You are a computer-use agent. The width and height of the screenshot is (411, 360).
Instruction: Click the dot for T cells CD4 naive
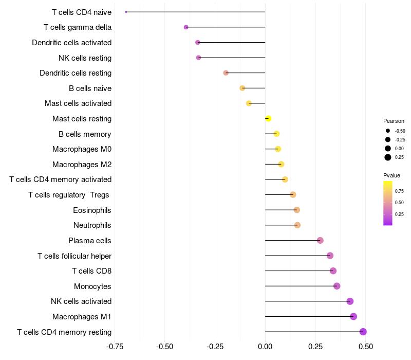(126, 12)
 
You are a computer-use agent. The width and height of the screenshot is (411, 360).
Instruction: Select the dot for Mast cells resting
(268, 119)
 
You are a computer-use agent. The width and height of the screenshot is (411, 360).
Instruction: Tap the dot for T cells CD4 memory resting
(363, 332)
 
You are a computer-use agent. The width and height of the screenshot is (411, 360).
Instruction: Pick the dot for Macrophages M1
(353, 316)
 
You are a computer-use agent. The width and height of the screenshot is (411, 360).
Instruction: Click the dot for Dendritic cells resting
(226, 73)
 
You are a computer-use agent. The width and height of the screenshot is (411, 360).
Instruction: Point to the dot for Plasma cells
(320, 240)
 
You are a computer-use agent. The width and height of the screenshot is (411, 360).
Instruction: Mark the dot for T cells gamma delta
(186, 27)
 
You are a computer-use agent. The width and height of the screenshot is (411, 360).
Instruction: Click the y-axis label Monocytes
(92, 286)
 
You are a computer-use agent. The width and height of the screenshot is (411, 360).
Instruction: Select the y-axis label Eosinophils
(92, 210)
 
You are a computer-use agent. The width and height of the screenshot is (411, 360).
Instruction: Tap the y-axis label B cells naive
(90, 88)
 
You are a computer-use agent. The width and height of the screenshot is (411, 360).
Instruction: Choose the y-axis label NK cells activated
(81, 301)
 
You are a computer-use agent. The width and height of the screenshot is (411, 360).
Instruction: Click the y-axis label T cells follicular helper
(74, 256)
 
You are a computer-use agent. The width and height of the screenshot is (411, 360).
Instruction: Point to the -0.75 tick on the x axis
(115, 347)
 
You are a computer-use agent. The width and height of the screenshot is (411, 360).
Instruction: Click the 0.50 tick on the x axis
(366, 347)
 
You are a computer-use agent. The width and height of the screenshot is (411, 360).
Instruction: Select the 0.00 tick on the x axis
(265, 347)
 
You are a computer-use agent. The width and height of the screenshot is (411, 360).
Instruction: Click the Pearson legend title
(394, 121)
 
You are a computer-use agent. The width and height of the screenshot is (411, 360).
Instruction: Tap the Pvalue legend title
(391, 175)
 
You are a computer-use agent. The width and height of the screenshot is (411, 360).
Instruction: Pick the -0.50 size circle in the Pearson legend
(388, 131)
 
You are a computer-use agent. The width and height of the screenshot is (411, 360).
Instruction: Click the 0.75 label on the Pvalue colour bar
(399, 191)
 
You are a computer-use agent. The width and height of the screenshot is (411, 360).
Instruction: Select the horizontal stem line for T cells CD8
(299, 271)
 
